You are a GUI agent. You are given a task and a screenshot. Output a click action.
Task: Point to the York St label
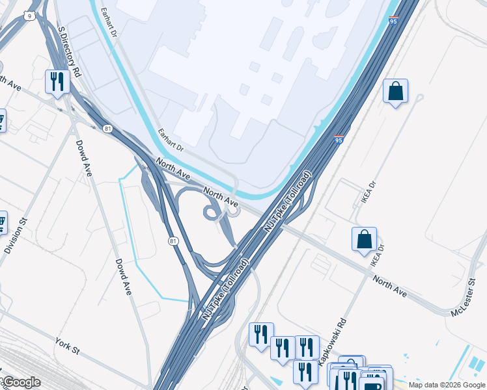67,346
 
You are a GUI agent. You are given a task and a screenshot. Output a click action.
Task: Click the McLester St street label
464,298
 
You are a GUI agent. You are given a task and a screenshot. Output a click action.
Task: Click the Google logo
21,383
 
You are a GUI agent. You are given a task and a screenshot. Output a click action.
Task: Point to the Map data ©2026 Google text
446,385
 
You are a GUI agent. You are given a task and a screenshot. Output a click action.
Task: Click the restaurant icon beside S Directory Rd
57,82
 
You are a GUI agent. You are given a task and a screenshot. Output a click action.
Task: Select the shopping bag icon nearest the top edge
395,92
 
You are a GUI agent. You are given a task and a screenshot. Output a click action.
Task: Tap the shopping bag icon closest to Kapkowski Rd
364,239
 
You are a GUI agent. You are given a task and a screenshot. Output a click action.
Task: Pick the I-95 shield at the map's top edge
393,21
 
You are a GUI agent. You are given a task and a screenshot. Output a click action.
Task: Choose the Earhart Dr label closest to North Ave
171,140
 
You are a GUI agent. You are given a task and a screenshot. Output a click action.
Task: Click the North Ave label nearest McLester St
390,286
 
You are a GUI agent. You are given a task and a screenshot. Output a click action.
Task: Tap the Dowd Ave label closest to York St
123,277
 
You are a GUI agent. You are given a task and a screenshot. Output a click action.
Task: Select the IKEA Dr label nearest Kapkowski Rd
374,255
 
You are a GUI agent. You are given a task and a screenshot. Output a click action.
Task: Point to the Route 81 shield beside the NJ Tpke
173,241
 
